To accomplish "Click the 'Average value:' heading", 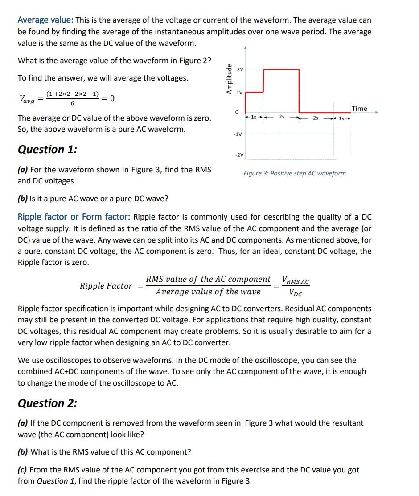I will (x=45, y=20).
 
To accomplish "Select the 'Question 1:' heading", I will (x=47, y=150).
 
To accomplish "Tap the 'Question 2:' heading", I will (x=47, y=403).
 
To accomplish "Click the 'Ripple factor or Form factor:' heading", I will (x=74, y=217).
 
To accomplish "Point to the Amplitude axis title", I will (x=229, y=79).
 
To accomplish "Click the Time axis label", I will (x=359, y=109).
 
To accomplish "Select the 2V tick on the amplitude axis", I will (x=240, y=69).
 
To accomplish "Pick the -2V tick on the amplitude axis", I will (x=239, y=155).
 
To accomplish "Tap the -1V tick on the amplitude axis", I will (x=238, y=134).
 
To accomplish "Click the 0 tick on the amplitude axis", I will (x=237, y=111).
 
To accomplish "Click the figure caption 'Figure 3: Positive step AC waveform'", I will (x=294, y=173).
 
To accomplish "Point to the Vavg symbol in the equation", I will (x=27, y=99).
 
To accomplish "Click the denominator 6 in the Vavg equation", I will (x=72, y=103).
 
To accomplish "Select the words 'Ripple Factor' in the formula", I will (x=106, y=286).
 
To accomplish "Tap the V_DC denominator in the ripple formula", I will (x=295, y=293).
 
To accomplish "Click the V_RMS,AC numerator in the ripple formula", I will (x=296, y=281).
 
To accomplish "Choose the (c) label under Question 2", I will (x=23, y=470).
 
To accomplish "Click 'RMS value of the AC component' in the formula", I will (x=208, y=279).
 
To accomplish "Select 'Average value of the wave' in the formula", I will (x=208, y=292).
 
